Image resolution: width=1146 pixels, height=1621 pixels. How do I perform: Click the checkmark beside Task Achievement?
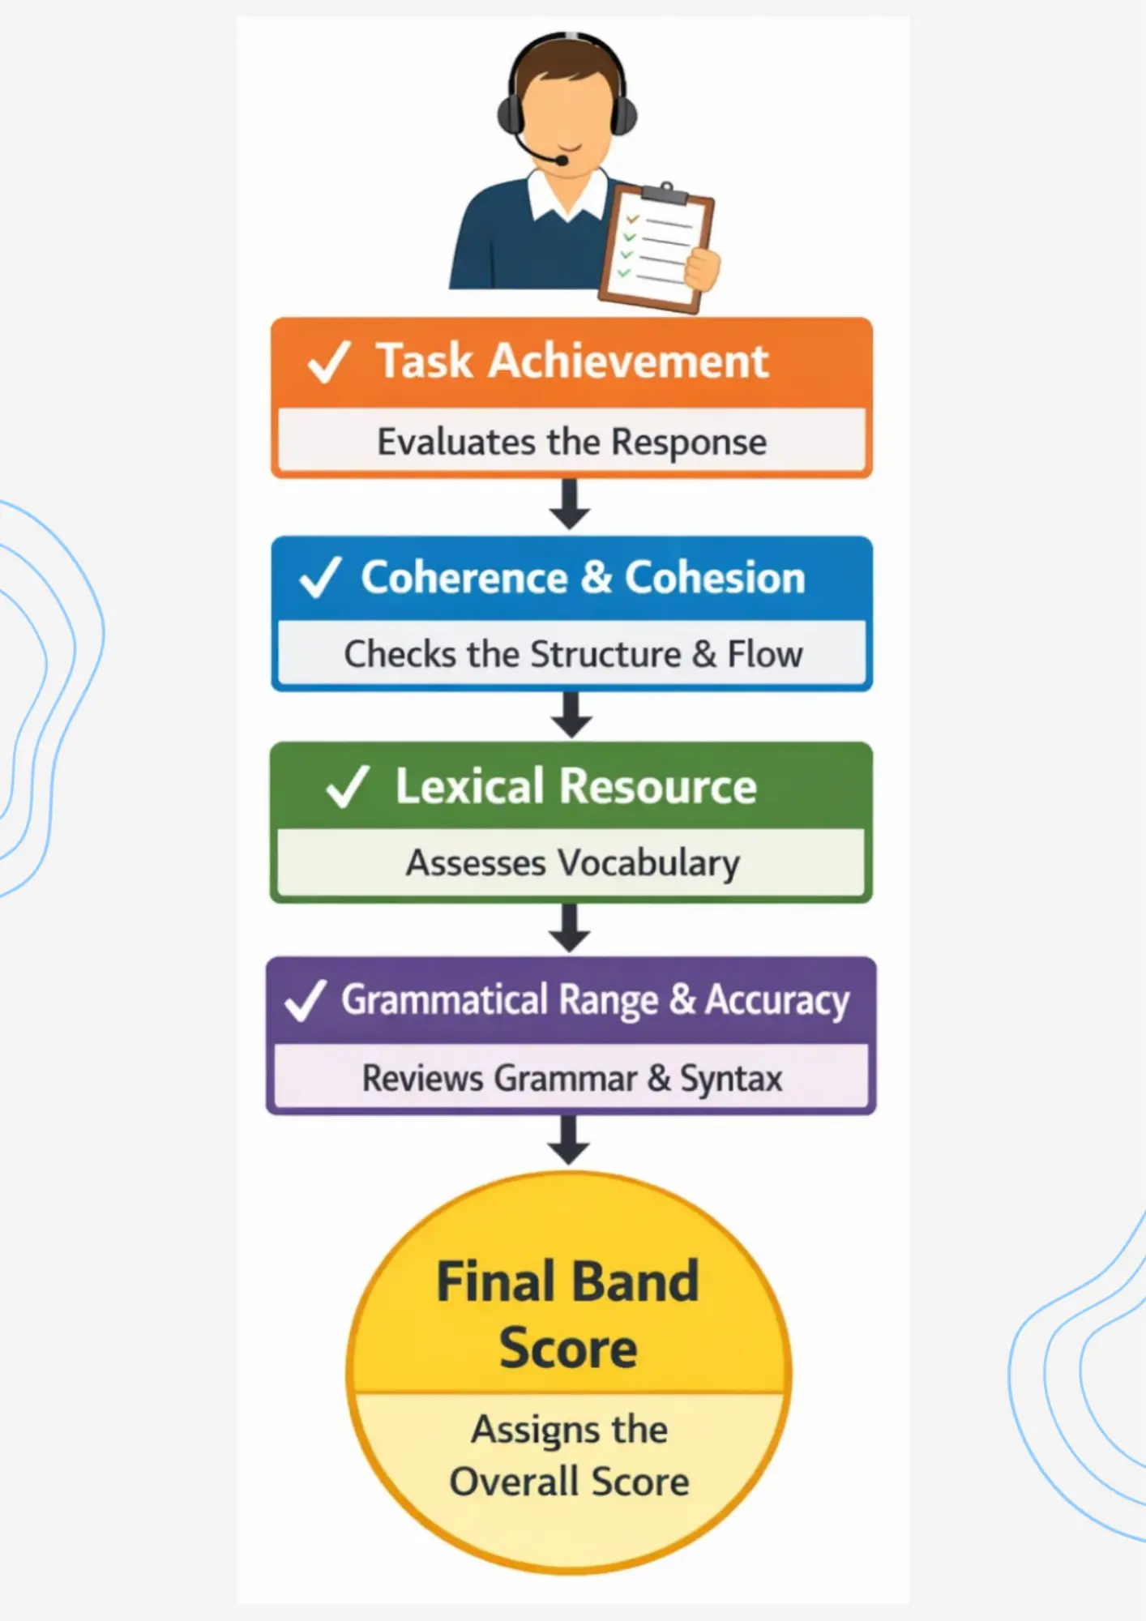click(x=328, y=361)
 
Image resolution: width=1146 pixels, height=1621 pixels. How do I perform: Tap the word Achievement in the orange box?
click(x=628, y=361)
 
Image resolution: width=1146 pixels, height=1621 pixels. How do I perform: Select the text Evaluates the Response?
click(x=571, y=443)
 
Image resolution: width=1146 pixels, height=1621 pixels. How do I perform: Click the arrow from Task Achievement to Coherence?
click(x=570, y=504)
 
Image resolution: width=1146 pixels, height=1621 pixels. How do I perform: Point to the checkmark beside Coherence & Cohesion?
click(x=320, y=577)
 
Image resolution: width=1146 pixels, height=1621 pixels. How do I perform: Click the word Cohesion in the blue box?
click(x=714, y=578)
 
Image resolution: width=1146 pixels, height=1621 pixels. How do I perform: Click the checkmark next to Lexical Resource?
click(x=347, y=786)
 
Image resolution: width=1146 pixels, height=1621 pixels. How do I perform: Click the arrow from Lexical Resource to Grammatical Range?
click(x=570, y=928)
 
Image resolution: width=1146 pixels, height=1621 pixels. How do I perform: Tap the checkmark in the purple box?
click(x=306, y=1000)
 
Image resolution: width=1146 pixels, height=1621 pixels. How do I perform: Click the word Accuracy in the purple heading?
click(x=776, y=1000)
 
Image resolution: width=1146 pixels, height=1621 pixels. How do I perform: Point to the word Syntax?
click(x=730, y=1079)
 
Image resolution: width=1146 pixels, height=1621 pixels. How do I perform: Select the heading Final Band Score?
click(x=568, y=1314)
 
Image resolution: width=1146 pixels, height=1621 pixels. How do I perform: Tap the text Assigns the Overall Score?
click(x=569, y=1456)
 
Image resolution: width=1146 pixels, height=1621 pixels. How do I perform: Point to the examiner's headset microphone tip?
click(x=561, y=160)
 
